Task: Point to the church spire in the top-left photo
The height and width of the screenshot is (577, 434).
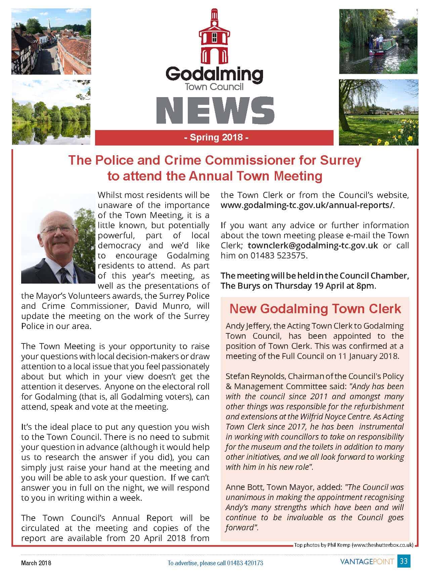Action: [49, 25]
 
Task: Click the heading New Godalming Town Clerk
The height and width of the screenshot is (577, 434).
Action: [315, 309]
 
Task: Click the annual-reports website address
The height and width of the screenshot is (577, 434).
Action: [307, 205]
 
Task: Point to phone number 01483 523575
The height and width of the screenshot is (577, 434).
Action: [278, 255]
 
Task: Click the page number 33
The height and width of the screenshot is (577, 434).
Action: [404, 561]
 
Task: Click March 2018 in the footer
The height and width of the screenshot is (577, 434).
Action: [36, 563]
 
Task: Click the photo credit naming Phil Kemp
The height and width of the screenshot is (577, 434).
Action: [353, 545]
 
